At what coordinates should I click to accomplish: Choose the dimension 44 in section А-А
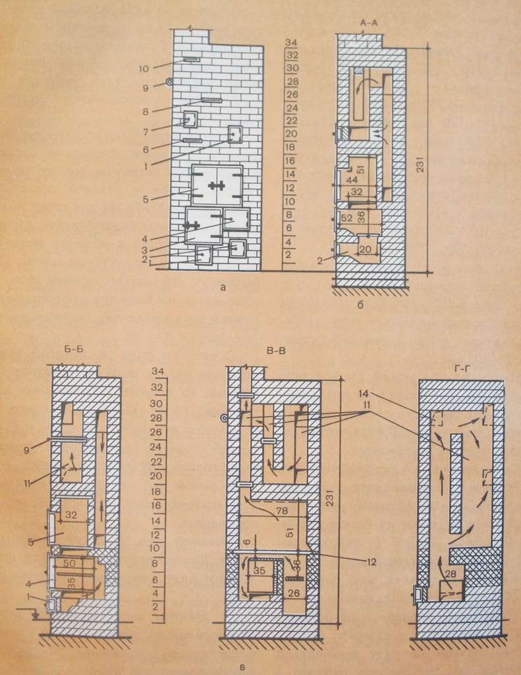(x=352, y=180)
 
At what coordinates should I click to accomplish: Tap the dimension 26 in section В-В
(x=292, y=593)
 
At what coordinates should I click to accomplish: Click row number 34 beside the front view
(x=292, y=43)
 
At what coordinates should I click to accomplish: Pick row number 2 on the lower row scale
(x=156, y=606)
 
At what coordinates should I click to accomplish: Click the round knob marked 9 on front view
(x=169, y=82)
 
